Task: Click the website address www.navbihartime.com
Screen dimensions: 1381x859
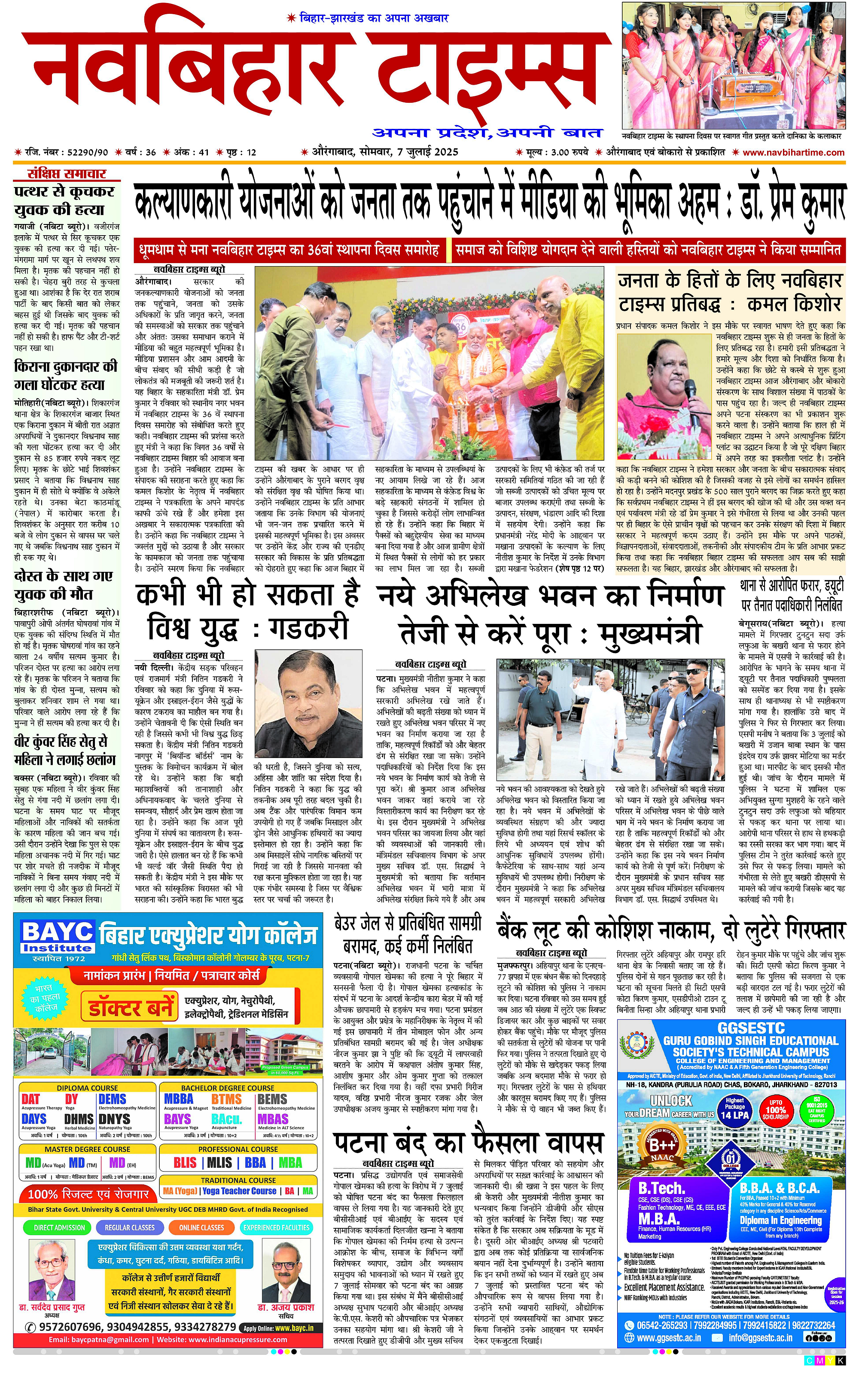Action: (793, 152)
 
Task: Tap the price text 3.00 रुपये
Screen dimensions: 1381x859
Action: (568, 152)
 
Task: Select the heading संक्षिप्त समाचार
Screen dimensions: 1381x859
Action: (67, 174)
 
